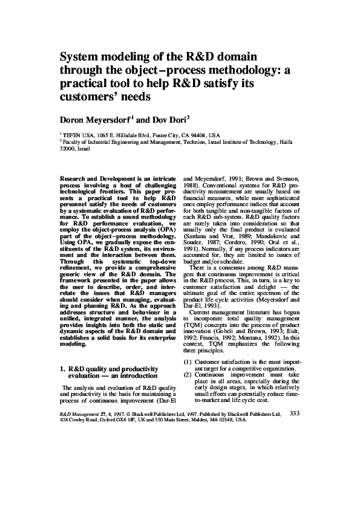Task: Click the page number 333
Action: pyautogui.click(x=295, y=413)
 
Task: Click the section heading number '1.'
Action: pyautogui.click(x=65, y=368)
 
